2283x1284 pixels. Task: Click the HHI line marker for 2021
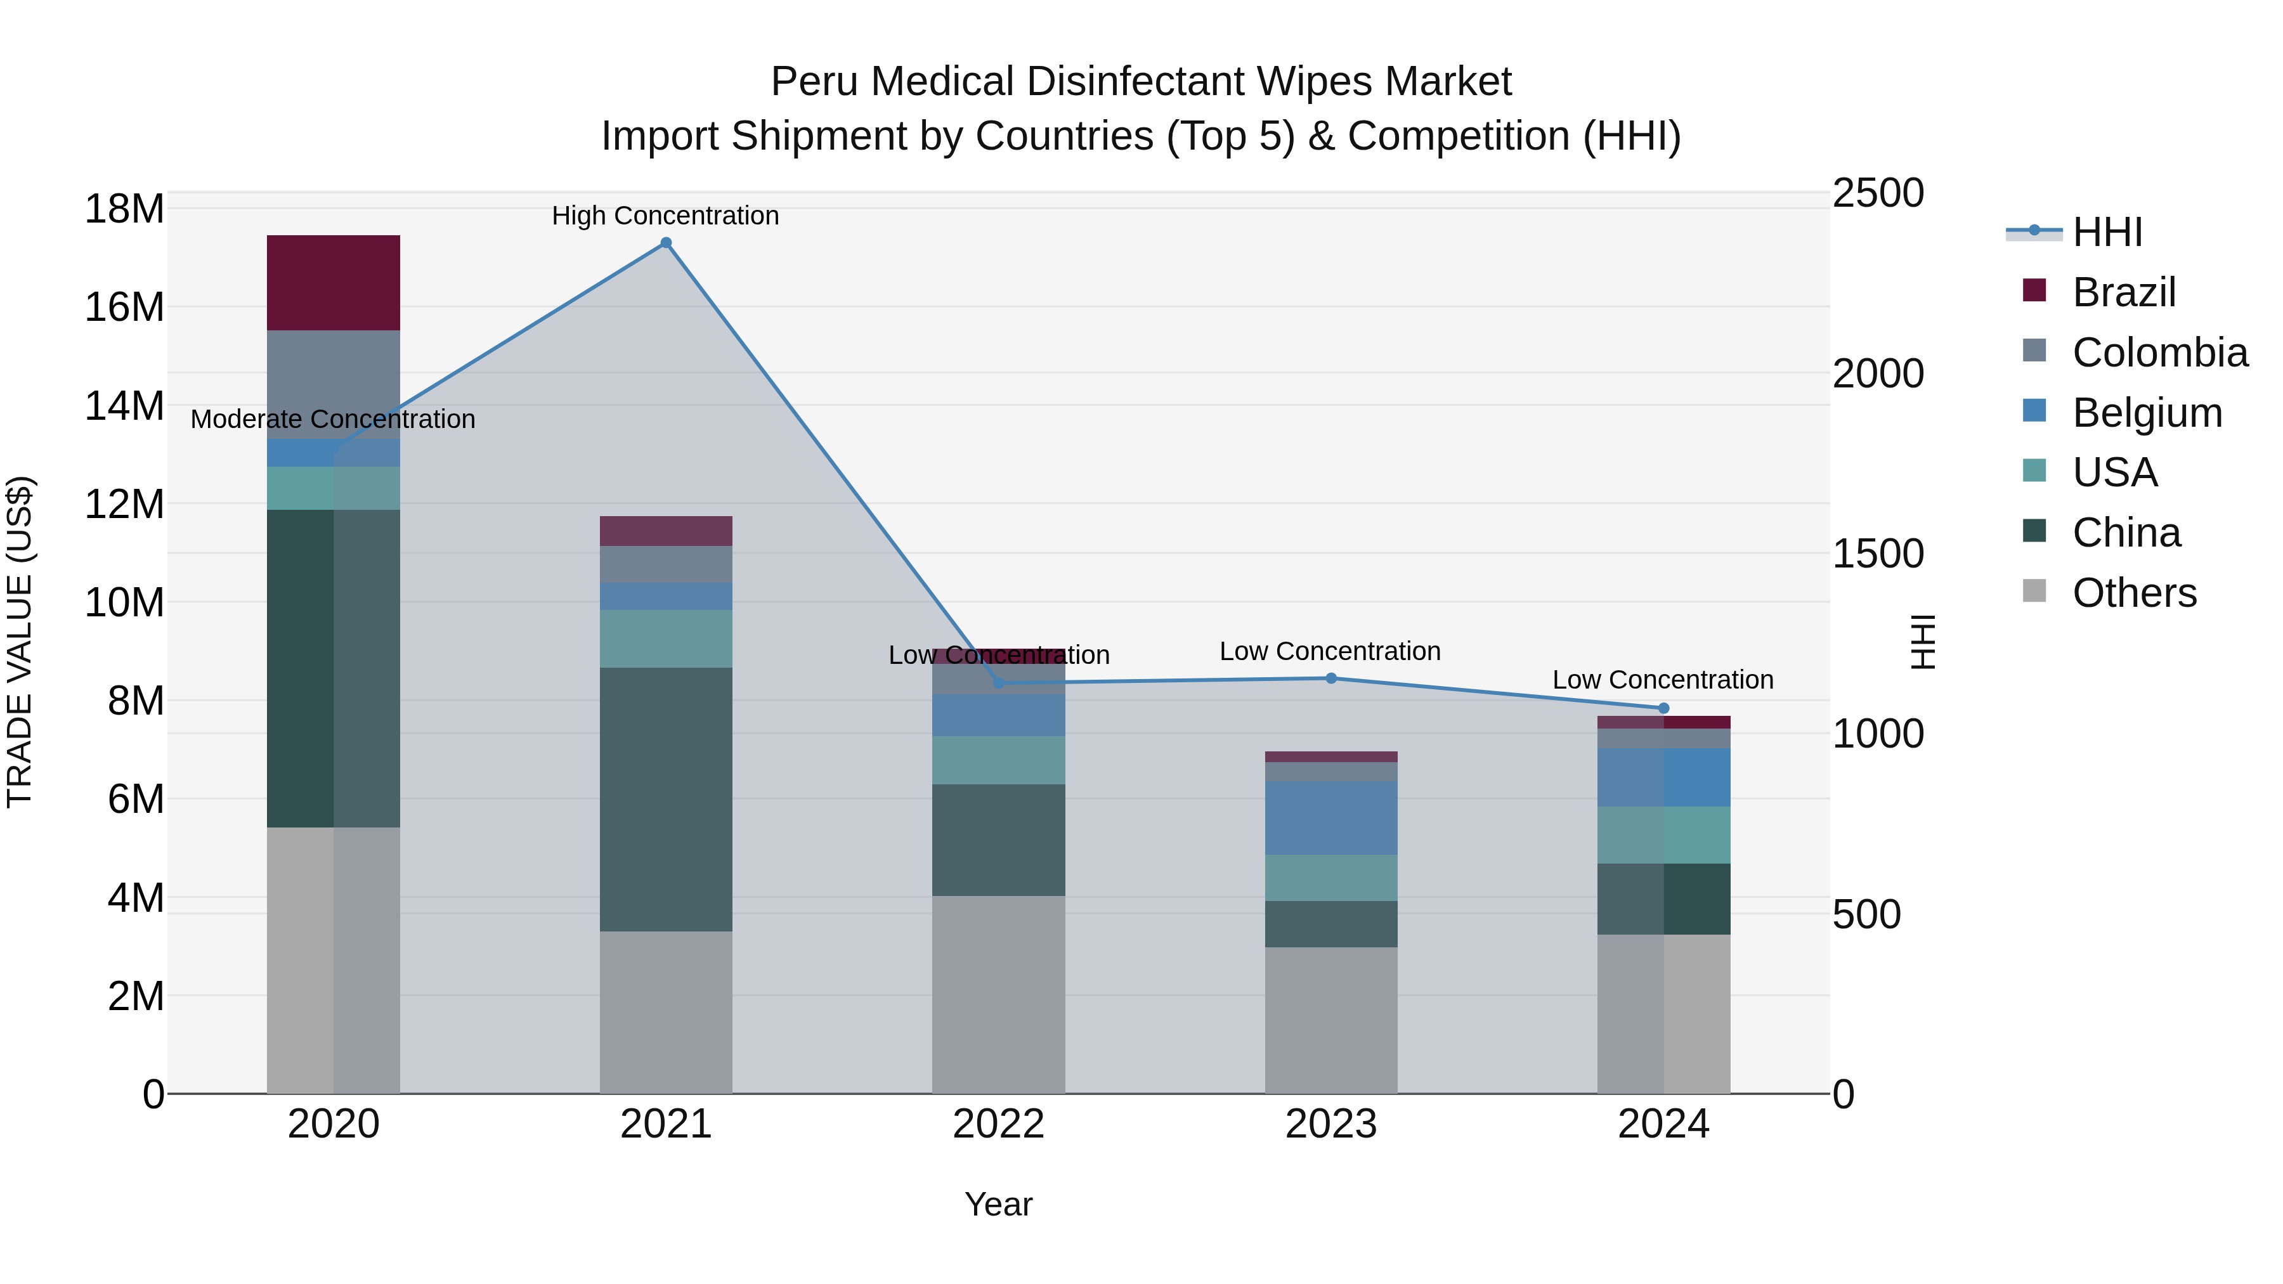tap(666, 243)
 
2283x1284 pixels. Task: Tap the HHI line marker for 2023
tap(1330, 678)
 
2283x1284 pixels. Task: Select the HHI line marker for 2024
tap(1663, 708)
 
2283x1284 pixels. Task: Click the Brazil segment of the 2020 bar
tap(333, 283)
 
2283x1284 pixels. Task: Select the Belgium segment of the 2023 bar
tap(1330, 817)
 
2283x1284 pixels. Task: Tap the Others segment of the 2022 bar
tap(998, 994)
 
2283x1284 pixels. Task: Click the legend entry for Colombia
tap(2159, 353)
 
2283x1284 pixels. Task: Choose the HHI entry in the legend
tap(2107, 232)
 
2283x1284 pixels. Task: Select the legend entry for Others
tap(2133, 593)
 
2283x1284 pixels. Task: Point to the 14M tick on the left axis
tap(124, 406)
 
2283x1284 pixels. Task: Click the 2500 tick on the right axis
tap(1877, 193)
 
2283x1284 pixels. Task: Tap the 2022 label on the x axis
tap(998, 1124)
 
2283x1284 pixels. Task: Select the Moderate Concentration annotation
tap(332, 419)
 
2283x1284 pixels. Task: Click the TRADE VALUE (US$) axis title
tap(20, 642)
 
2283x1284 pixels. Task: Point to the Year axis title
tap(998, 1204)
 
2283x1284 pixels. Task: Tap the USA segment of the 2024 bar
tap(1663, 834)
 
